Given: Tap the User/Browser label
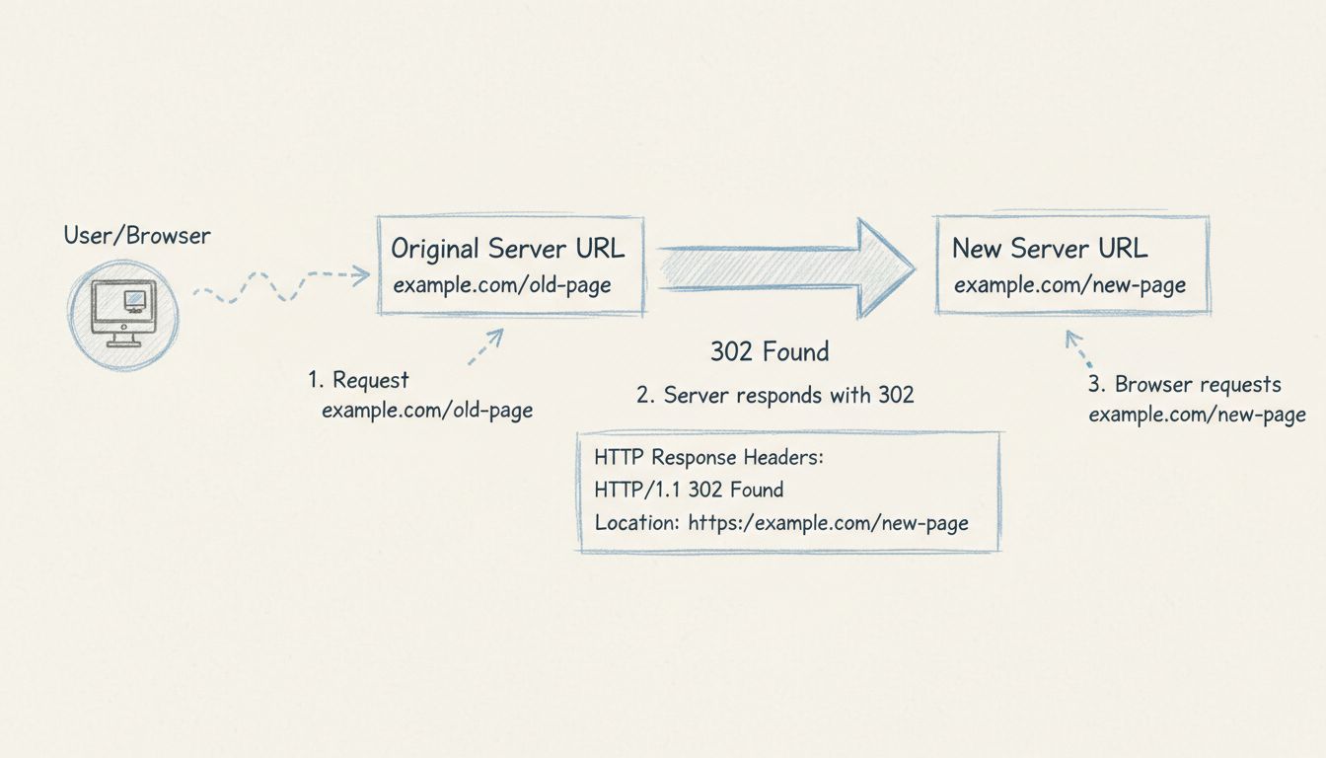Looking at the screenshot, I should [x=137, y=236].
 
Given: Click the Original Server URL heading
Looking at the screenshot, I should [x=507, y=248].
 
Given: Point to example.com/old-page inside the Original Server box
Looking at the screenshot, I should [x=502, y=285].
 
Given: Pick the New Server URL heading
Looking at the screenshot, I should [x=1050, y=248].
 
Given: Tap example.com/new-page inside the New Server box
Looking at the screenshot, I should [x=1069, y=285].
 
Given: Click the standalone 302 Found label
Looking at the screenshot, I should [x=770, y=351].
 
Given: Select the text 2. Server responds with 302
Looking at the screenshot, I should [x=775, y=395].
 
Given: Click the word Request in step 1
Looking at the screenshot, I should [x=371, y=380].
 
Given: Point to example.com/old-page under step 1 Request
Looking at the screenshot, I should [x=427, y=410].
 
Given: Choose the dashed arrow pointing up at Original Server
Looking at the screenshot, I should [x=485, y=346].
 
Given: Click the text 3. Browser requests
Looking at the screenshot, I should [x=1184, y=384].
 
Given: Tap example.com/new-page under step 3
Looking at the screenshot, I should [x=1197, y=415].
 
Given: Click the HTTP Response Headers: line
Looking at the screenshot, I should [x=708, y=459].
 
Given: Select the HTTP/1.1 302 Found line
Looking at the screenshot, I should [x=689, y=490].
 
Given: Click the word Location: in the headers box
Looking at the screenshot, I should [x=637, y=522].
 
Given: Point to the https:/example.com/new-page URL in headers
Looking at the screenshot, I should [x=828, y=522].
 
